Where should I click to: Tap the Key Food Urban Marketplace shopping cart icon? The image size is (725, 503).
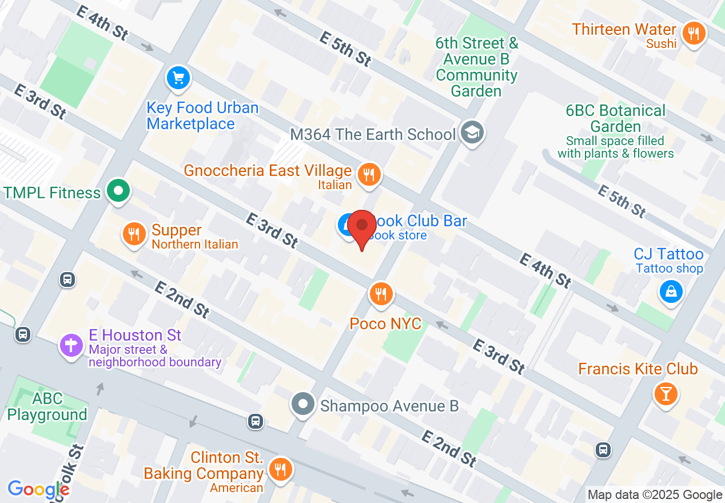pos(178,78)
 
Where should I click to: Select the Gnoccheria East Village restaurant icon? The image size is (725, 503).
pos(369,175)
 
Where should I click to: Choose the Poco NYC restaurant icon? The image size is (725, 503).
pos(380,294)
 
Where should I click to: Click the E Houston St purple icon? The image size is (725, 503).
pos(71,345)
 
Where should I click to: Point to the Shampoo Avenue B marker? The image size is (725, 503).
pos(303,405)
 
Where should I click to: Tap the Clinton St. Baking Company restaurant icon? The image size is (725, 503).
pos(280,470)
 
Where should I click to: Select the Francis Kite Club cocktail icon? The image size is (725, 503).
pos(666,394)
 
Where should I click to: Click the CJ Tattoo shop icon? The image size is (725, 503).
pos(671,292)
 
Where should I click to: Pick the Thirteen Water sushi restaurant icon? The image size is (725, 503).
pos(694,33)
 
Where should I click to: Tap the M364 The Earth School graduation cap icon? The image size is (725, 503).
pos(472,133)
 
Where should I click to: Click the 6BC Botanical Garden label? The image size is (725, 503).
pos(616,118)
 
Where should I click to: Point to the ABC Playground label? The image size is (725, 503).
pos(47,406)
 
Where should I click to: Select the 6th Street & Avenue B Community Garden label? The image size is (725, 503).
pos(476,67)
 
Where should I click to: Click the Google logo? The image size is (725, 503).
pos(38,489)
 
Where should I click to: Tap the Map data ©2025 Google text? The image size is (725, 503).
pos(655,495)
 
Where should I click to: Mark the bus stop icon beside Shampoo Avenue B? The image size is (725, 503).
pos(256,421)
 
